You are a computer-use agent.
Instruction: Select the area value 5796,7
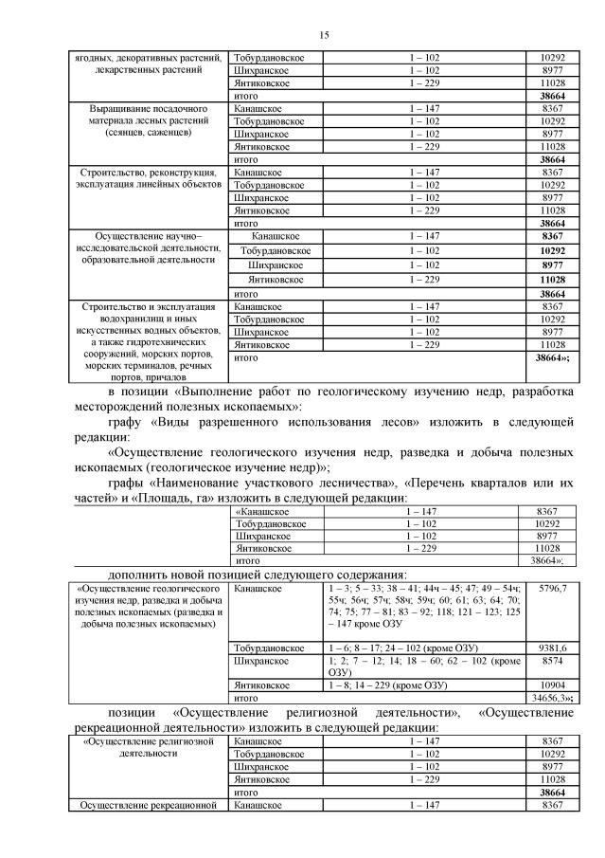click(552, 589)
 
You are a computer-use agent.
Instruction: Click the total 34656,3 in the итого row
click(550, 696)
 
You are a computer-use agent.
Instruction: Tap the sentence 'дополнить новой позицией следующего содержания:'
click(258, 574)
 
